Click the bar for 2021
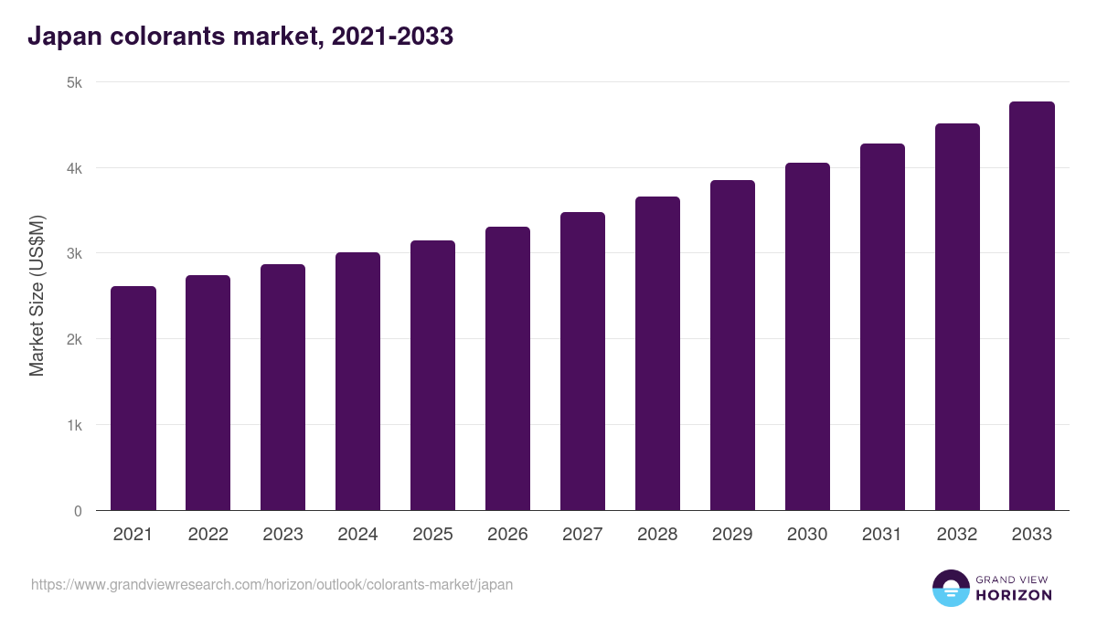133,399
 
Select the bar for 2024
357,381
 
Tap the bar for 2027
582,361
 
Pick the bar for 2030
807,336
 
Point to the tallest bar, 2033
1032,306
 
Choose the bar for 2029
732,346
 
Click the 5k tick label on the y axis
74,82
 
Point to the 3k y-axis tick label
74,253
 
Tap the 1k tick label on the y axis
74,425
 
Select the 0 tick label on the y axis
78,511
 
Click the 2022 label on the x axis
208,535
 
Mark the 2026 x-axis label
507,535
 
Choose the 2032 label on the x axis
957,535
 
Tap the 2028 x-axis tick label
657,535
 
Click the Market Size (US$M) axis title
37,296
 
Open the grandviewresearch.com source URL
272,584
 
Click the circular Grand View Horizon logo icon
950,588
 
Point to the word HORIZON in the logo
1013,595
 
